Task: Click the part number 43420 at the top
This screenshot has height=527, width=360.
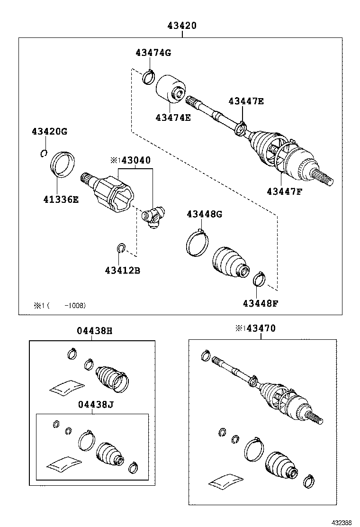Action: pos(181,26)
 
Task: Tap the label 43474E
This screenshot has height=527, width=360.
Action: pos(173,117)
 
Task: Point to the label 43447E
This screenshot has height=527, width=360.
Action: pos(246,101)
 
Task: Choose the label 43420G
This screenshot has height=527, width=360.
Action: pos(50,131)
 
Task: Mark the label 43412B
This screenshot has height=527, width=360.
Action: pos(122,271)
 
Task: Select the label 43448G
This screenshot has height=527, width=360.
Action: pos(204,214)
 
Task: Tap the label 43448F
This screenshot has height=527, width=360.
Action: pos(261,303)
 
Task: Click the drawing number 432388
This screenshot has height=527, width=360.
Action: pos(341,522)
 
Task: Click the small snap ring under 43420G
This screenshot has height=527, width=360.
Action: pos(44,153)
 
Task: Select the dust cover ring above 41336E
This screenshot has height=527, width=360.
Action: pos(63,164)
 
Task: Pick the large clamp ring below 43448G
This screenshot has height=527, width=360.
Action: pos(196,243)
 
